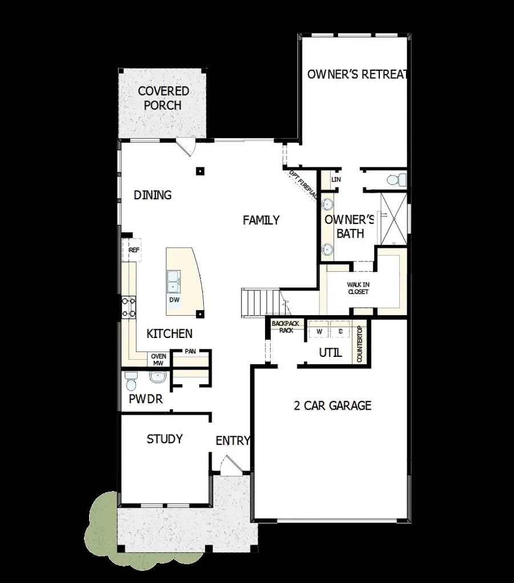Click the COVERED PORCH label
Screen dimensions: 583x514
[163, 98]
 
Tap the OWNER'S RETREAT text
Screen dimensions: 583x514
[358, 74]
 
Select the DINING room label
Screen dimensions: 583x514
[152, 195]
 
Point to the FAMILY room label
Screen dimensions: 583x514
[261, 220]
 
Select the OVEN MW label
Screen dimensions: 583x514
[158, 360]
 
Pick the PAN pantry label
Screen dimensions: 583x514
[190, 351]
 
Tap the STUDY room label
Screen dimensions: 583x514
[164, 439]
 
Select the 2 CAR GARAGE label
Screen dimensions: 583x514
[332, 406]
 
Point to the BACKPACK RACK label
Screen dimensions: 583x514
[286, 327]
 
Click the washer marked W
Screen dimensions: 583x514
[319, 331]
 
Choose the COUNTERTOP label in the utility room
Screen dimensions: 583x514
[360, 344]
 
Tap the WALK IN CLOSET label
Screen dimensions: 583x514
[358, 288]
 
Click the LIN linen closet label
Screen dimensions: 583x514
[336, 179]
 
